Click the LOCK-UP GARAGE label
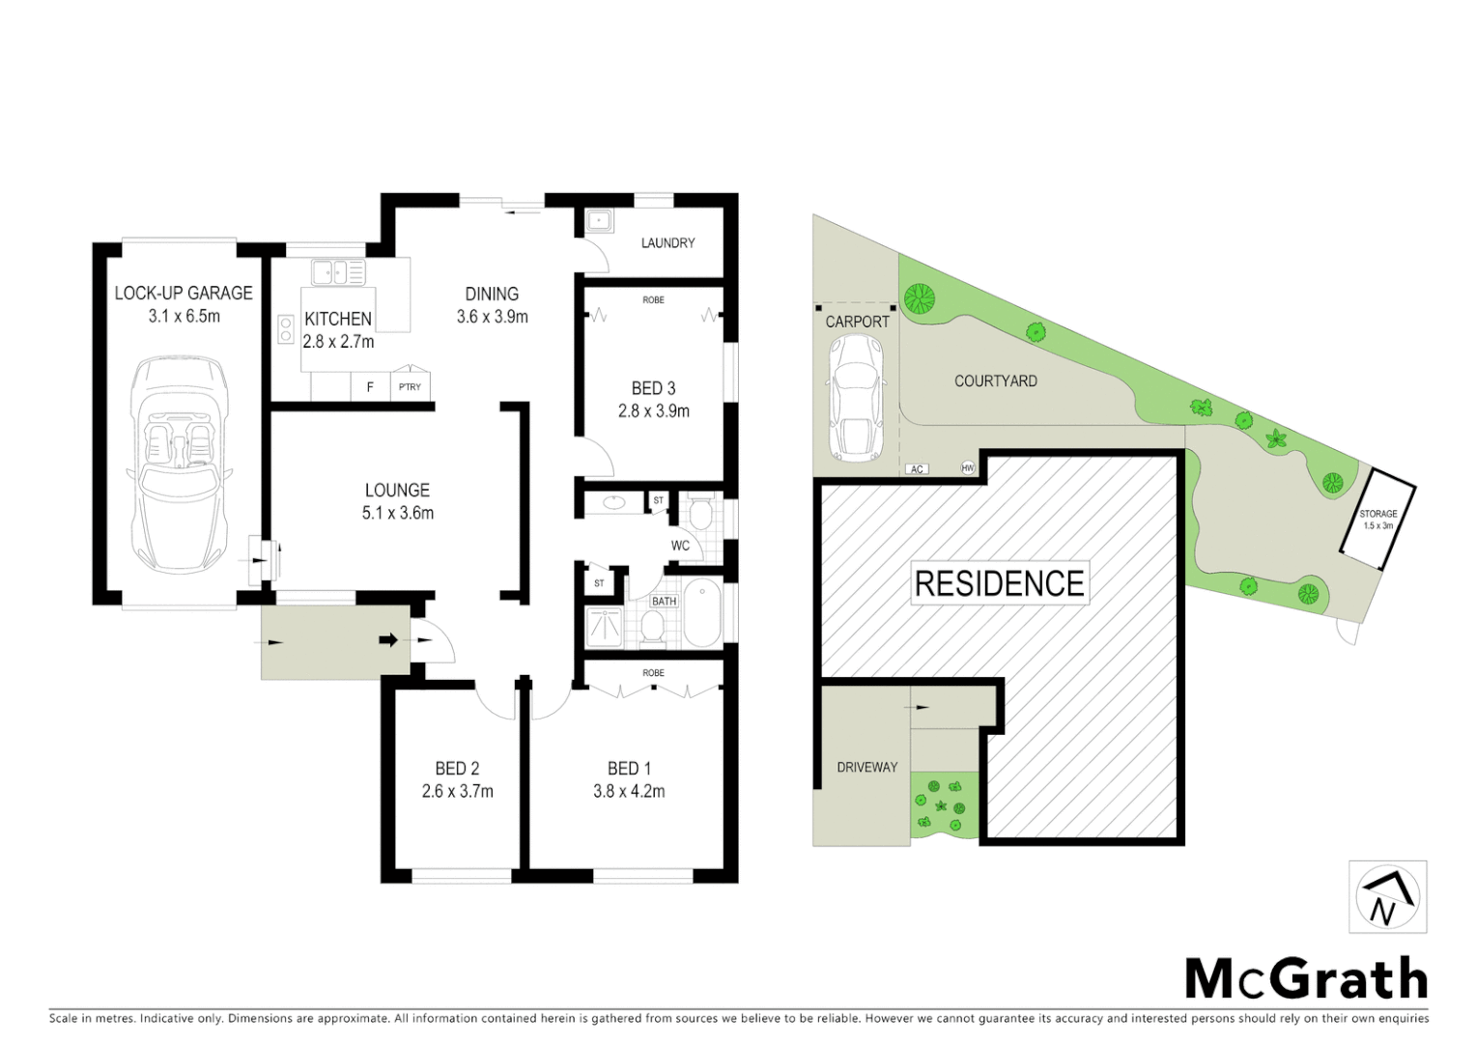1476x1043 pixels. point(184,293)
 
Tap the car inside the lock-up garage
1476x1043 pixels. point(180,465)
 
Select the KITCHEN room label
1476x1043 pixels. point(338,319)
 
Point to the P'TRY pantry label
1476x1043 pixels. point(410,387)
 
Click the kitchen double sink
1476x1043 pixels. point(337,272)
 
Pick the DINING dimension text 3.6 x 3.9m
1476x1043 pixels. point(492,317)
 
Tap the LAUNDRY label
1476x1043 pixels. point(667,243)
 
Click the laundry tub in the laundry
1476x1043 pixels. point(599,221)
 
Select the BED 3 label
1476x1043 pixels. point(653,388)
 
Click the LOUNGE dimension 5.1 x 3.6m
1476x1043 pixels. point(397,514)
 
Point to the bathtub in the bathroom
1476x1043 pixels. point(702,613)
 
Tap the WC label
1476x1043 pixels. point(680,546)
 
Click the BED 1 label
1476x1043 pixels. point(629,769)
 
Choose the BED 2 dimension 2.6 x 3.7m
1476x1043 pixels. point(457,792)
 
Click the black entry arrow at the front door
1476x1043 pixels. point(388,639)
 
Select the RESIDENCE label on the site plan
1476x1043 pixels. point(999,583)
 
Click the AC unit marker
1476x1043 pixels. point(917,469)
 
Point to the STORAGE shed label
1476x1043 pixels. point(1377,515)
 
